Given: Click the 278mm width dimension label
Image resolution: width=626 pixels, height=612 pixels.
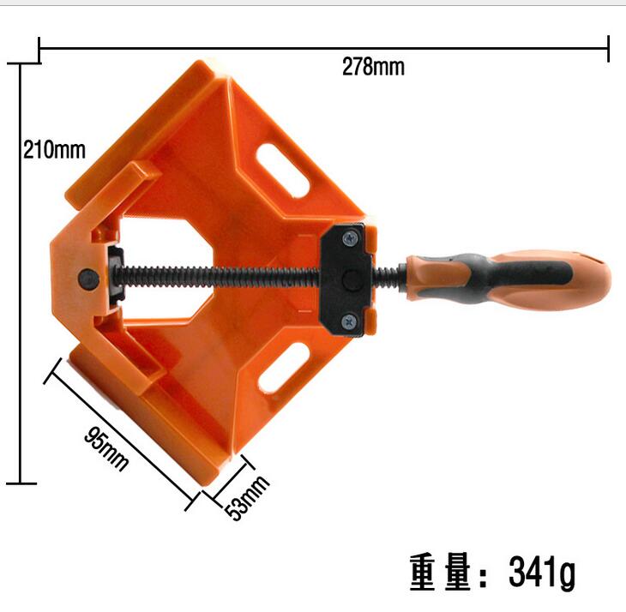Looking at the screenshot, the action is coord(373,67).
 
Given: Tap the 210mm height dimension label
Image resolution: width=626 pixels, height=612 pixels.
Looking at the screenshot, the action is coord(54,150).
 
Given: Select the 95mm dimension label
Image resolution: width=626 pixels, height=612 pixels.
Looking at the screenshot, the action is coord(106,449).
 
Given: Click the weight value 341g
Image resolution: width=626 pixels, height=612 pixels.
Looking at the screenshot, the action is coord(542,572).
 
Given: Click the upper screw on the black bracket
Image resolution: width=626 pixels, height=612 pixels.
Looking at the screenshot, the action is coord(350,238).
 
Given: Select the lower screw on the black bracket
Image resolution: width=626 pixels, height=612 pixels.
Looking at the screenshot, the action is coord(350,321).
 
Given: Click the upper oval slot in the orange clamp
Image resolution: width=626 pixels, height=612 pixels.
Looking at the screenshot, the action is coord(283,171).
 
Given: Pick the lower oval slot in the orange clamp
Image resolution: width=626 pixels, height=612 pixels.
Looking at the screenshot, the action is coord(284,368).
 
